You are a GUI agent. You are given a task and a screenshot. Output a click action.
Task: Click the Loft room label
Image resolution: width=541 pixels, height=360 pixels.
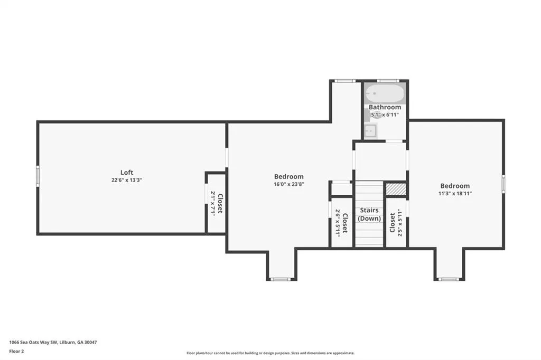[x=127, y=173]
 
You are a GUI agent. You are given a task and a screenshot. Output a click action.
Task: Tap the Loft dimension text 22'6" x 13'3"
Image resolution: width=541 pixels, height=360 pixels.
[x=127, y=180]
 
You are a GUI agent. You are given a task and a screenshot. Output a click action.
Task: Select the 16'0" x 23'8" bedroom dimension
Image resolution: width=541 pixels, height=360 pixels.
[x=289, y=184]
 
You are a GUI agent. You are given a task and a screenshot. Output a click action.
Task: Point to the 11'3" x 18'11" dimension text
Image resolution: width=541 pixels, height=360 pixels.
[x=455, y=193]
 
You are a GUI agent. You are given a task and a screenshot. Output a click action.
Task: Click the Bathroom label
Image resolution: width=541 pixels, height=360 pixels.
[x=385, y=107]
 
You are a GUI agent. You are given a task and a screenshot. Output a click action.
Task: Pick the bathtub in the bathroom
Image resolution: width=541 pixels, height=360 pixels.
[x=385, y=93]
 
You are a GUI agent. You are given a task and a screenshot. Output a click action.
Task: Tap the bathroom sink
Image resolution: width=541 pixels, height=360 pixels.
[x=370, y=131]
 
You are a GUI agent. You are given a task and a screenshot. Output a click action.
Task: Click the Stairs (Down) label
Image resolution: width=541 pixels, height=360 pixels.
[x=369, y=214]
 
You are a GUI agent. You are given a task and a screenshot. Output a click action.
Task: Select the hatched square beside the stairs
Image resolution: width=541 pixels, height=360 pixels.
[x=396, y=190]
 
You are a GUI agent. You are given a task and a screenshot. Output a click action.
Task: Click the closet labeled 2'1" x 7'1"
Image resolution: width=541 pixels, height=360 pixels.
[x=216, y=203]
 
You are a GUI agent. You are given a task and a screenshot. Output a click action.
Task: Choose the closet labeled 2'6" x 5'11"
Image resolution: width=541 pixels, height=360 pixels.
[x=341, y=222]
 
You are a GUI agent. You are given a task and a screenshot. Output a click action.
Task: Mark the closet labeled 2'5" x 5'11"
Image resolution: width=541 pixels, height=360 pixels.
[x=396, y=222]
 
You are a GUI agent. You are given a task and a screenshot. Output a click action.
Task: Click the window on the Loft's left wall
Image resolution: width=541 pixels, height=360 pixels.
[x=38, y=176]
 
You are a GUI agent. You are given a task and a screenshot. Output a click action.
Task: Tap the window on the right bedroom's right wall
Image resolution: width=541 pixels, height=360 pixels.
[x=503, y=184]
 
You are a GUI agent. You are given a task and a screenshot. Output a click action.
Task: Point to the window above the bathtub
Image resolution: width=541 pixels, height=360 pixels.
[x=388, y=81]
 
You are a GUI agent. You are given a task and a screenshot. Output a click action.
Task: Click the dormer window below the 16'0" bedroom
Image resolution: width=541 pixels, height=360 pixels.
[x=280, y=279]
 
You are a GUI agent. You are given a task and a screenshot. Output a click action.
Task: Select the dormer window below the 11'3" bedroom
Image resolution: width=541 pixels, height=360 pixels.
[x=448, y=279]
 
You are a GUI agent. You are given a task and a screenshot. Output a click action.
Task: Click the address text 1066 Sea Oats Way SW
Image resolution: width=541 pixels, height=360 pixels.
[x=33, y=343]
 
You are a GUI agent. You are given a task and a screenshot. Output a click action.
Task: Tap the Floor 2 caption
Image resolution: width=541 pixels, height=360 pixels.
[x=16, y=352]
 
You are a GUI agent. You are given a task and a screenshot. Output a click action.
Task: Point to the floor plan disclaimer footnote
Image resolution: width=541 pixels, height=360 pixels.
[x=270, y=353]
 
